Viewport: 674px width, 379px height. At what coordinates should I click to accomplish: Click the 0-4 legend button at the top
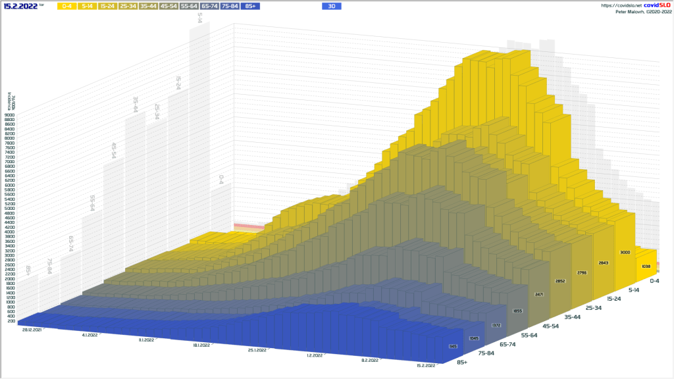tap(67, 6)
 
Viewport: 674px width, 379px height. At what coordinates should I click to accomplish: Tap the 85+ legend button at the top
tap(251, 6)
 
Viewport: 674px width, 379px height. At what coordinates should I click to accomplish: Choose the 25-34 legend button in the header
tap(128, 6)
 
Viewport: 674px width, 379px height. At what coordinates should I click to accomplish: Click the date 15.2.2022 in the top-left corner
tap(20, 6)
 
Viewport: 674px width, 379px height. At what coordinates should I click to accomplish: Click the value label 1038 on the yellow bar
tap(646, 266)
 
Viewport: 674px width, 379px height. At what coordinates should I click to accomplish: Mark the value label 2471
tap(539, 294)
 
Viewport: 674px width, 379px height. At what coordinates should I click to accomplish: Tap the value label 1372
tap(496, 325)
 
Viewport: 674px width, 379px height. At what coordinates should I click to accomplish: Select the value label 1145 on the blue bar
tap(453, 346)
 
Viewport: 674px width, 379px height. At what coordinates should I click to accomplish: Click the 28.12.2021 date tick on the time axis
tap(32, 328)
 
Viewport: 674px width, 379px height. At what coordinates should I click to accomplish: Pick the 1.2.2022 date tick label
tap(315, 355)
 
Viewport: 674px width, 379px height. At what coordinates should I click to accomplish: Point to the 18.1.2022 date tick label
tap(201, 345)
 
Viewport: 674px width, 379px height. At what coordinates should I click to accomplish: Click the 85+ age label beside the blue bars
tap(462, 362)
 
